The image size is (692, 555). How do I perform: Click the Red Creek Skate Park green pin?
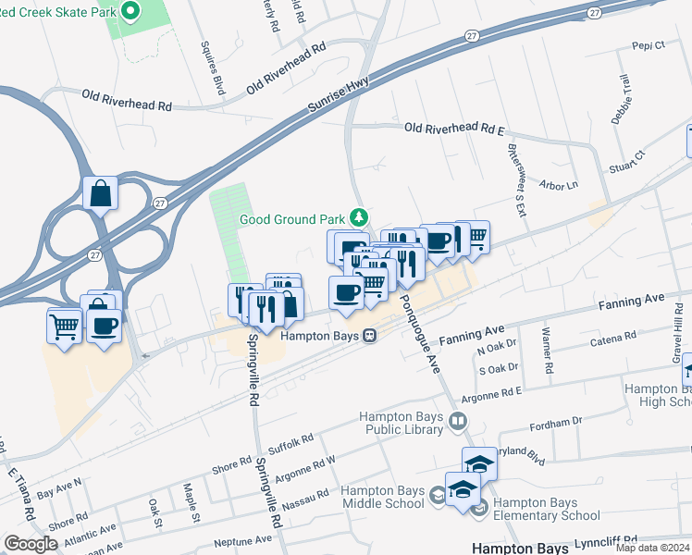pyautogui.click(x=130, y=12)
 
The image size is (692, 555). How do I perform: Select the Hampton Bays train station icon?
pyautogui.click(x=369, y=336)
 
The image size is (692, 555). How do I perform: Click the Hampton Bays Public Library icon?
pyautogui.click(x=457, y=422)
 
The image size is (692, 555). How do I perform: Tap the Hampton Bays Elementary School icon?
pyautogui.click(x=479, y=508)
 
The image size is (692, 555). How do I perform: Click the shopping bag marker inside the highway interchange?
pyautogui.click(x=100, y=194)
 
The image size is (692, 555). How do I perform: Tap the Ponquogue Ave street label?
pyautogui.click(x=417, y=333)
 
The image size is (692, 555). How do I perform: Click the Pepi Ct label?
pyautogui.click(x=649, y=45)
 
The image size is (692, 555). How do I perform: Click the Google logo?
pyautogui.click(x=31, y=544)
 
